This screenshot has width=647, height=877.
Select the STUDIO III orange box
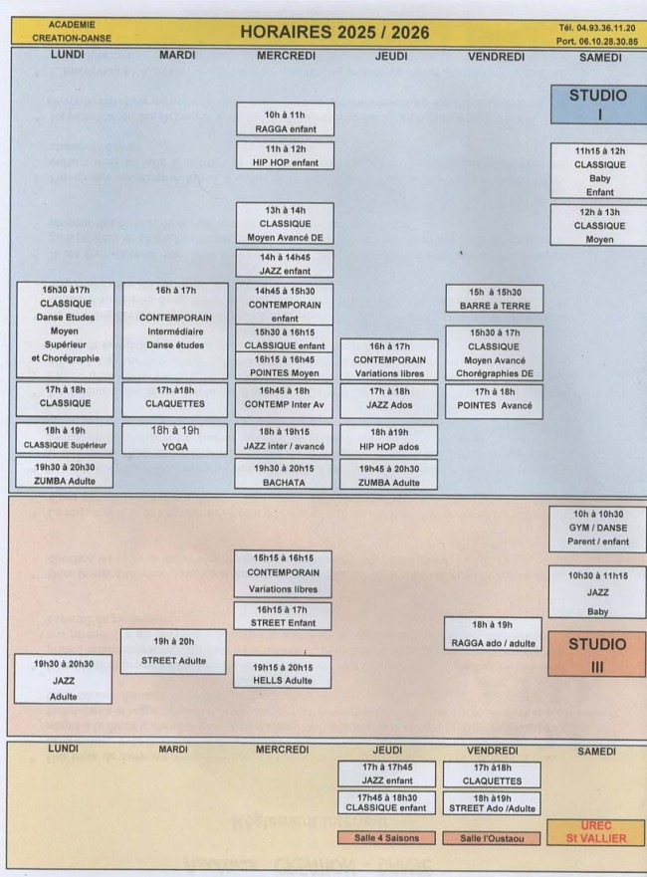597,653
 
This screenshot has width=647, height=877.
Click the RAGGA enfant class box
285,119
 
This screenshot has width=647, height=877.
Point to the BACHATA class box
285,473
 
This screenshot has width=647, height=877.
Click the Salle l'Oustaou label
495,838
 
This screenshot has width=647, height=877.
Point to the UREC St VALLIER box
598,834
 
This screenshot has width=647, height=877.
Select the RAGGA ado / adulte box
495,633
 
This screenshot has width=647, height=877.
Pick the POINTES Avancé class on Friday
495,398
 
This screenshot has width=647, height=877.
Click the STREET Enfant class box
285,615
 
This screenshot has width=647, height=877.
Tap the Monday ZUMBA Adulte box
68,473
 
